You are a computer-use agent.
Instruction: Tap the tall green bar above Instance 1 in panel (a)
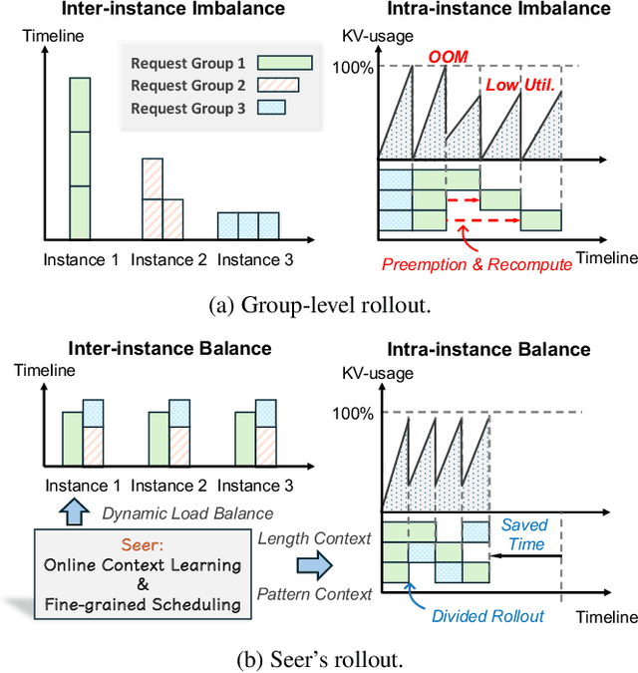[x=80, y=158]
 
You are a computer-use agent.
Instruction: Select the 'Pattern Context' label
[x=314, y=594]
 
